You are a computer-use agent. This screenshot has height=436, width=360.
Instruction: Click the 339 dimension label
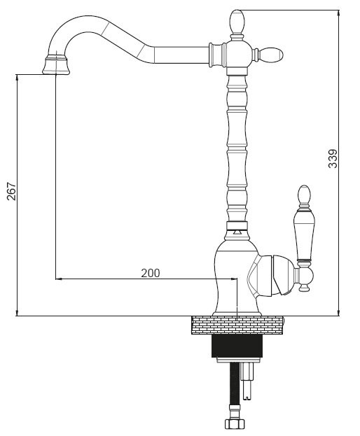333,159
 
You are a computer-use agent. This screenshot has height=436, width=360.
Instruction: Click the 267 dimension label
12,191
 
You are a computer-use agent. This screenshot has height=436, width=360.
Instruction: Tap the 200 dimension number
151,273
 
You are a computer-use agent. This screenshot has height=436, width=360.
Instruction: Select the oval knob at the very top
237,22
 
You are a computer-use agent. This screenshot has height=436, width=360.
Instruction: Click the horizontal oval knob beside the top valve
271,55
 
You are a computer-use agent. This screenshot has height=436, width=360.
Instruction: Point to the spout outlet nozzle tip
56,66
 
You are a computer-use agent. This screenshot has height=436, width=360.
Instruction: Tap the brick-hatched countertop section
237,325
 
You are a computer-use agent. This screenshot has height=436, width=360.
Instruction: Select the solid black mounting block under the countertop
237,346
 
